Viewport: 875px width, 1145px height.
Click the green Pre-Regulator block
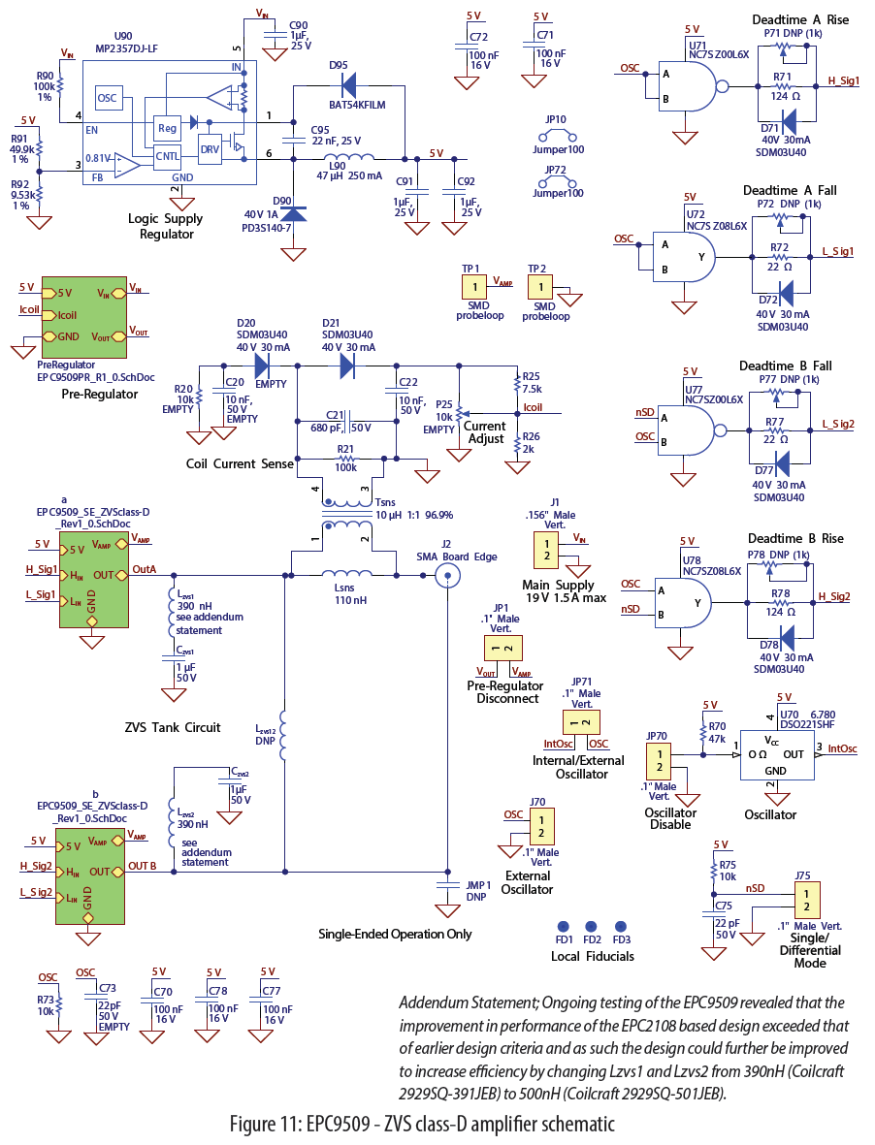[x=91, y=311]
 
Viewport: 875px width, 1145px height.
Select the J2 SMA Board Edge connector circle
[x=446, y=575]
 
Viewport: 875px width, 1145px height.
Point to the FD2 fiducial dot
[x=592, y=927]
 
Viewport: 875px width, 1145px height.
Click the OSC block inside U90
[x=107, y=98]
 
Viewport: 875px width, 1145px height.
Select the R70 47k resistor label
[x=717, y=731]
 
